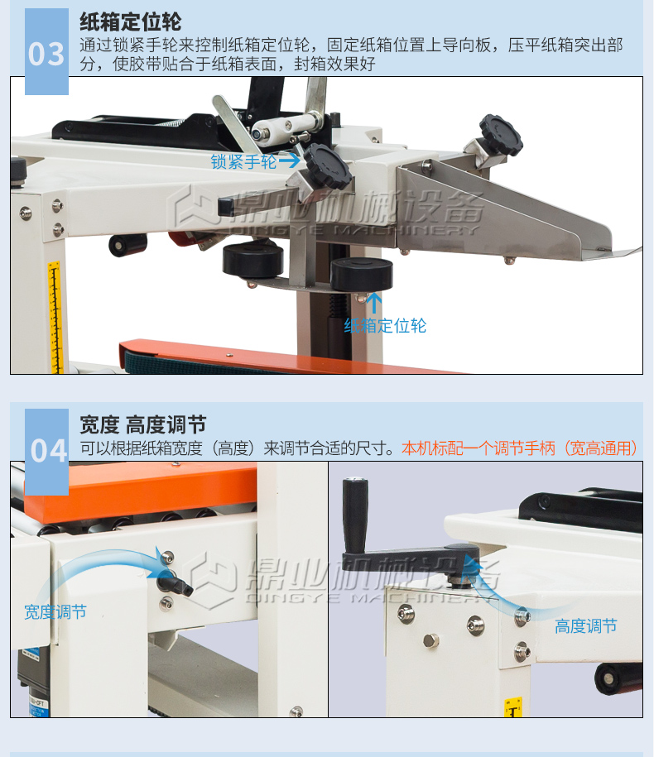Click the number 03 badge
46,51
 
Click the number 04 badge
46,452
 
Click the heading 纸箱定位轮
131,22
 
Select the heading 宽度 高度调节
143,425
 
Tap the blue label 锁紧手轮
243,161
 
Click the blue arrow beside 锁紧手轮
289,160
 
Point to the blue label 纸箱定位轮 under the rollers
385,326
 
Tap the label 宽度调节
55,612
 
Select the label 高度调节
586,626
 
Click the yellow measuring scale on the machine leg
55,317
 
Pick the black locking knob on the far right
501,134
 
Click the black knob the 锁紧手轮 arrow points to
327,166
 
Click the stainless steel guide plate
503,213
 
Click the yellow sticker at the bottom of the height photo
513,707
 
